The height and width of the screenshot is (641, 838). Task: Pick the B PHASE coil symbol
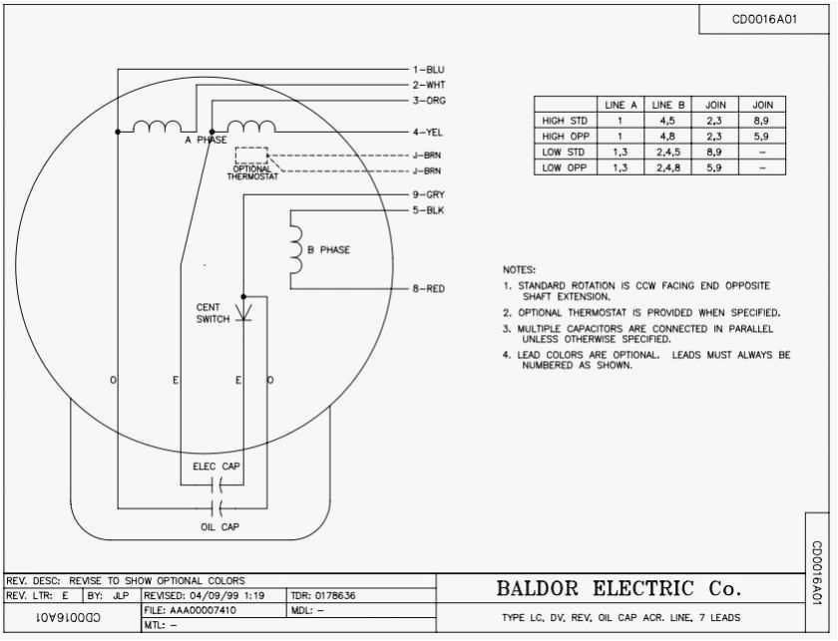coord(294,250)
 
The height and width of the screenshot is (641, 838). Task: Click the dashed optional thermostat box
coord(251,156)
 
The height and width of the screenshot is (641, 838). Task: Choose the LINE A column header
coord(622,104)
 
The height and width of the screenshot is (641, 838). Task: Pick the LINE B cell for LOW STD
coord(663,152)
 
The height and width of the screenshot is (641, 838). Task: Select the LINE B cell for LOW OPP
coord(663,167)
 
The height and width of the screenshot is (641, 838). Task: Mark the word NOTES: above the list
coord(520,269)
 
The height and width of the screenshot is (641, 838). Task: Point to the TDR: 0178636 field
coord(323,596)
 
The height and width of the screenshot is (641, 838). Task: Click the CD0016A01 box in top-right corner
coord(764,18)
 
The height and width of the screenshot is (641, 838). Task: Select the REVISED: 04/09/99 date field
coord(205,596)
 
